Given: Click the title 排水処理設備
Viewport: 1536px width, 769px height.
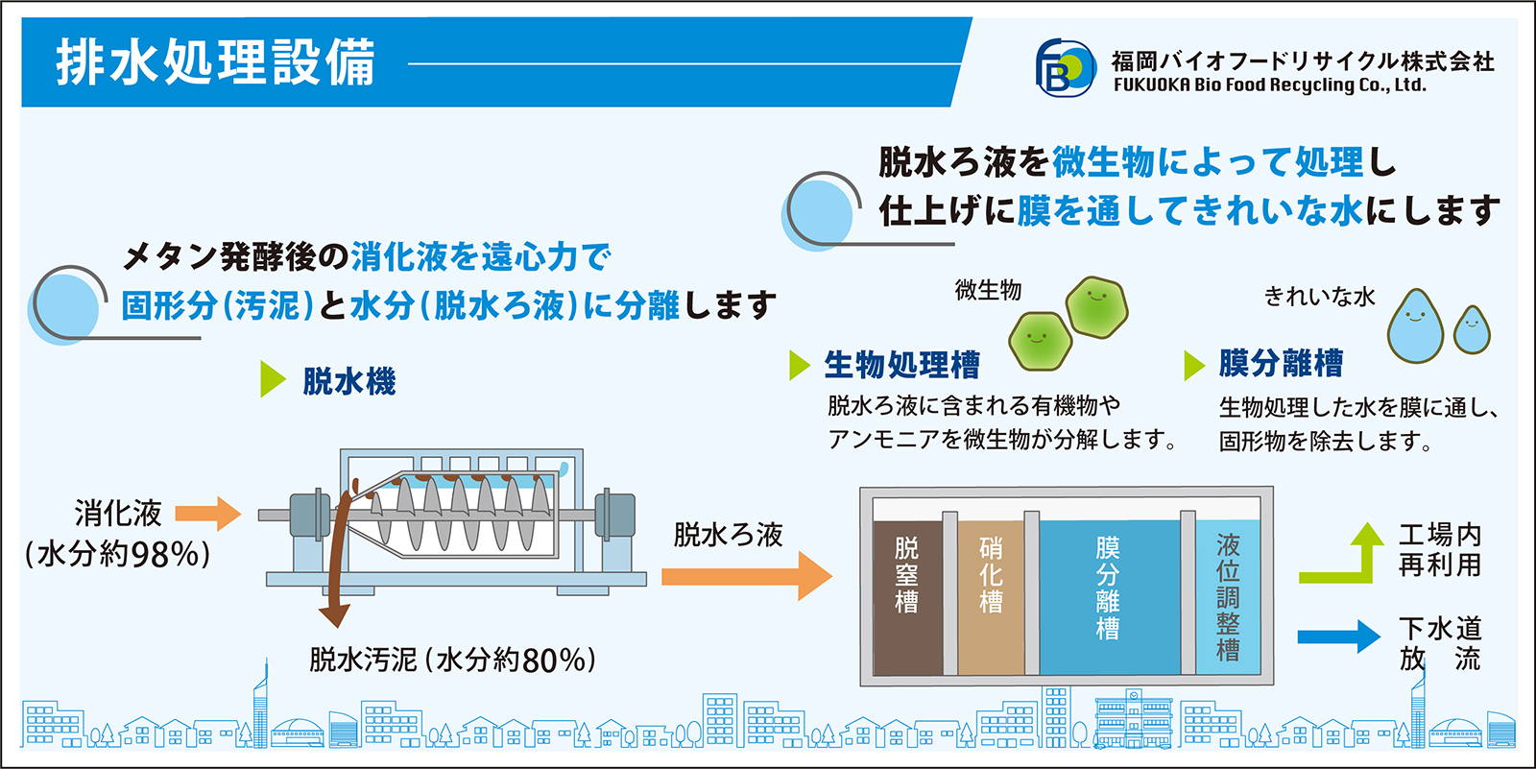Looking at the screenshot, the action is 215,62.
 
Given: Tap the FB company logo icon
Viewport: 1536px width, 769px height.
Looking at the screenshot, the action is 1065,68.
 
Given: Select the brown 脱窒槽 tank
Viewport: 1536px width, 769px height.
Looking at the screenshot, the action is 908,597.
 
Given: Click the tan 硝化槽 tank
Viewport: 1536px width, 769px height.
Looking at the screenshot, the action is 991,597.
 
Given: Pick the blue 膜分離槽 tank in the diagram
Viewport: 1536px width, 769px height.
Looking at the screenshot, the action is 1110,597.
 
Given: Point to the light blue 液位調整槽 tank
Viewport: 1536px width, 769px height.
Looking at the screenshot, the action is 1228,597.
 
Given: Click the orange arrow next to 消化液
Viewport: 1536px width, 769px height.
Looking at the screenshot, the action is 207,513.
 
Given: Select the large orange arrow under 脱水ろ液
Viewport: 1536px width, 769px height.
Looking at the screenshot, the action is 747,576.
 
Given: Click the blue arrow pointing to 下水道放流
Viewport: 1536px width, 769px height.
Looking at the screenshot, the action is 1339,637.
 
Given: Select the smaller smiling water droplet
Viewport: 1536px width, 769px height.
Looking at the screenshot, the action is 1473,330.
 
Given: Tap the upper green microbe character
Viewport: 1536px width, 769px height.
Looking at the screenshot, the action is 1096,306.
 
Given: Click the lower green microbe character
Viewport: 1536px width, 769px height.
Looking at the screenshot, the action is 1041,341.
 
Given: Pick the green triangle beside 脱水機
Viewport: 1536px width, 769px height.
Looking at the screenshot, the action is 273,379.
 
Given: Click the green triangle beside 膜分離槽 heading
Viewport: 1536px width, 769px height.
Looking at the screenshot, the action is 1194,365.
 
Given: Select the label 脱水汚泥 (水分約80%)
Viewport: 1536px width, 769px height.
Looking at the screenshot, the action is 452,660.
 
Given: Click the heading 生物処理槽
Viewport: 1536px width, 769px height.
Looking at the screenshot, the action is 901,364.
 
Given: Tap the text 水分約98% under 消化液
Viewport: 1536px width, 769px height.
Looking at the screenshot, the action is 117,554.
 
